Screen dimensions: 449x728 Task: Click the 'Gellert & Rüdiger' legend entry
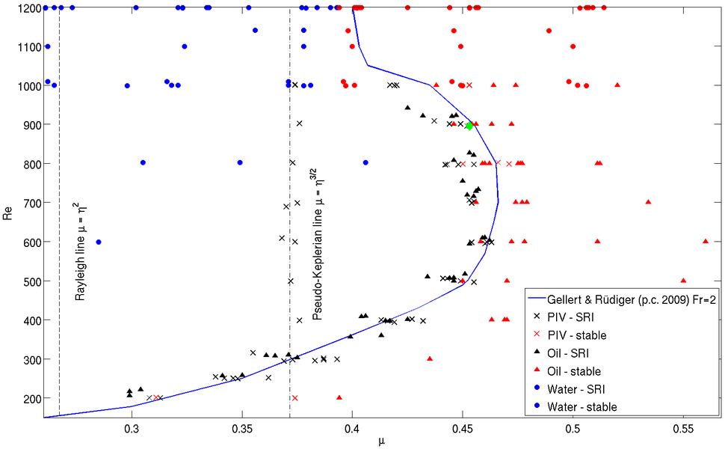click(631, 299)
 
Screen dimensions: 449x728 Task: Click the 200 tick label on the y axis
click(30, 399)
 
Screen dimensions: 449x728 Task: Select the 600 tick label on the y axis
click(30, 242)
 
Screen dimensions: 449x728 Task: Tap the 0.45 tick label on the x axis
click(462, 429)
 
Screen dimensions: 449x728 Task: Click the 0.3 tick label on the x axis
click(132, 429)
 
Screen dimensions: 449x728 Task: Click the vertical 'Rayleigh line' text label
click(80, 251)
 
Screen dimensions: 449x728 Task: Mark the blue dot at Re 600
click(99, 242)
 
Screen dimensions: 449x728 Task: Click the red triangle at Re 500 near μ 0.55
click(683, 281)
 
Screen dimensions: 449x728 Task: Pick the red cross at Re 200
click(294, 398)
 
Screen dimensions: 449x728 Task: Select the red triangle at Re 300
click(430, 358)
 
